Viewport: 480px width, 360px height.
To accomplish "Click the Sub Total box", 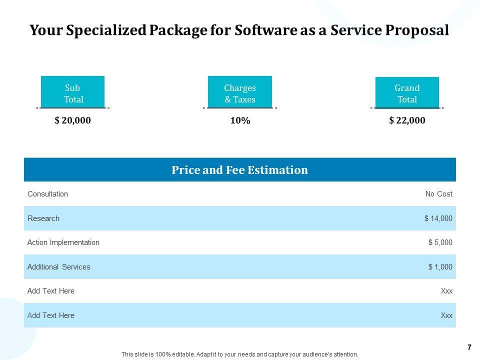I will (72, 92).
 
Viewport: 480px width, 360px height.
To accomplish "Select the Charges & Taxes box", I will (239, 92).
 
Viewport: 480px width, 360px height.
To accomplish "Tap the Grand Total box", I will (407, 92).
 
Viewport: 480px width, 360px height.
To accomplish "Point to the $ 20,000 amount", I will (73, 120).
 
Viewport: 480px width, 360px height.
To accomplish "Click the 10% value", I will (240, 120).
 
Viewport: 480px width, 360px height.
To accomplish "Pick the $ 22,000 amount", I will (407, 120).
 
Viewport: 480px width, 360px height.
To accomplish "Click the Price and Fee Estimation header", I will (239, 170).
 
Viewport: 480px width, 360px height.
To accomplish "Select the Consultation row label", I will (47, 194).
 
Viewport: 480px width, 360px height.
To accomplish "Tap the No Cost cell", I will (438, 194).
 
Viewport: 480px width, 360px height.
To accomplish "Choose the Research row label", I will (43, 218).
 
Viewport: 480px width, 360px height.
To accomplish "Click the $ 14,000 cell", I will (438, 218).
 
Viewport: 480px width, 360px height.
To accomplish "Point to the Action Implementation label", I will (63, 242).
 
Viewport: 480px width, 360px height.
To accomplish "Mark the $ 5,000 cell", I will (440, 242).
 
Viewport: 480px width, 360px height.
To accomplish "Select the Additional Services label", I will (59, 267).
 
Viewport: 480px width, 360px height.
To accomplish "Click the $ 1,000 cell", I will (440, 267).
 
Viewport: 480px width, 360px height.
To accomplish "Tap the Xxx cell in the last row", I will (446, 315).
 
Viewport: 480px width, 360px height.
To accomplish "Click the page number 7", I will (469, 347).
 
